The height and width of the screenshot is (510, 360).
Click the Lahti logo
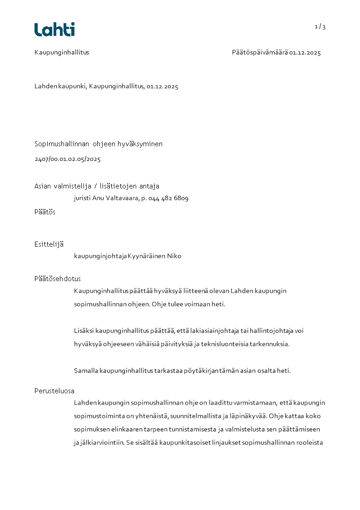coord(54,30)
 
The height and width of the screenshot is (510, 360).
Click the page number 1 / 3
coord(320,27)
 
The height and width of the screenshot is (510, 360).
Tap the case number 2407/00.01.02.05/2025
coord(68,159)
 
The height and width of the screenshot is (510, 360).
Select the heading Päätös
coord(45,212)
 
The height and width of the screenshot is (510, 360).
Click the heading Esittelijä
coord(49,245)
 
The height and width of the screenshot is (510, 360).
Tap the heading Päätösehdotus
coord(58,279)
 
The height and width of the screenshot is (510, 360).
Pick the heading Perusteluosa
coord(54,391)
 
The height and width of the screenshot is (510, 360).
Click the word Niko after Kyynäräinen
coord(174,256)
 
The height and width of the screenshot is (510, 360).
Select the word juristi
coord(82,198)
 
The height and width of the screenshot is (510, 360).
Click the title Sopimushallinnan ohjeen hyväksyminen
coord(99,144)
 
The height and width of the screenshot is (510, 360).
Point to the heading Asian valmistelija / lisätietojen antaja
coord(97,186)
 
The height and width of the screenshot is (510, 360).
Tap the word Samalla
coord(86,371)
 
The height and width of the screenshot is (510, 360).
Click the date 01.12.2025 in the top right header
coord(305,53)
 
